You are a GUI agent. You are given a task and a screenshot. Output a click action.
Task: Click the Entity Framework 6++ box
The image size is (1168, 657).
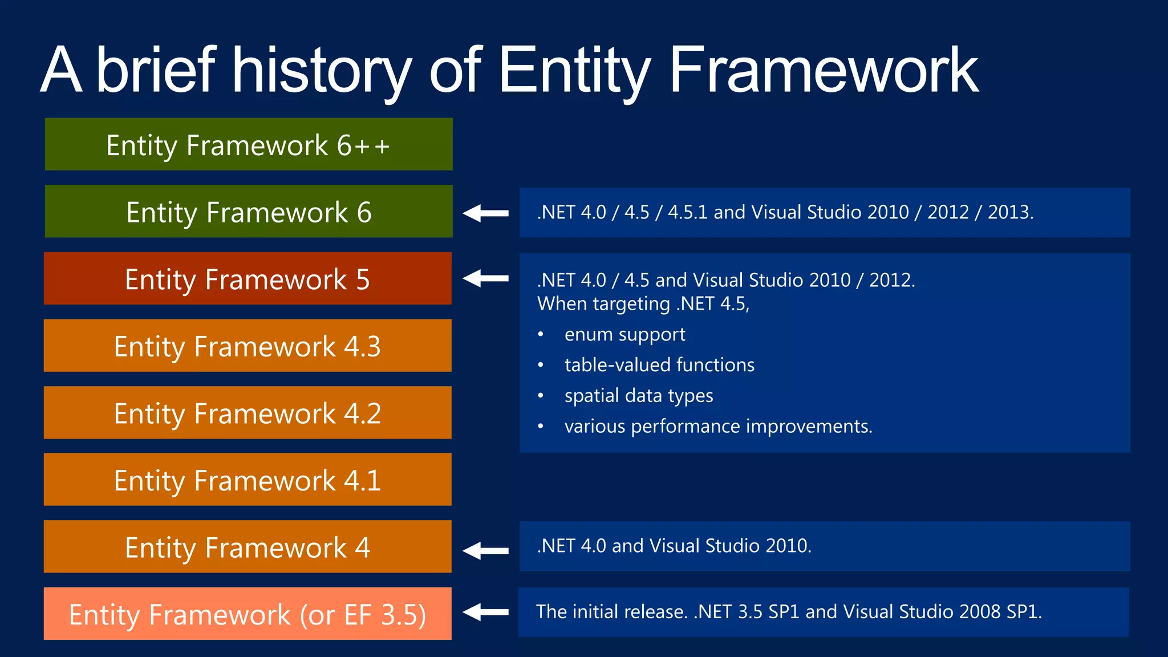248,144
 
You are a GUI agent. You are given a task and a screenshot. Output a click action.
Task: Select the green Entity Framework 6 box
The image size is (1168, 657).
248,212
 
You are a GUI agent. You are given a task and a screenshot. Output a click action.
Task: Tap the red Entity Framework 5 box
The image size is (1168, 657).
247,279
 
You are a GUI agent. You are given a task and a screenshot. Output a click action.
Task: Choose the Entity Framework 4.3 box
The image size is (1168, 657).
247,346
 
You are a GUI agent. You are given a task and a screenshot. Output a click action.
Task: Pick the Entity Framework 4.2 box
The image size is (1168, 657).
247,413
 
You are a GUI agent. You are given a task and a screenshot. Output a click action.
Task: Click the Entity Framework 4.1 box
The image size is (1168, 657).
247,480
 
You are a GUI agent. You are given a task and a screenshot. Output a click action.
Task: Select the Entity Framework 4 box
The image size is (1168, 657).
247,547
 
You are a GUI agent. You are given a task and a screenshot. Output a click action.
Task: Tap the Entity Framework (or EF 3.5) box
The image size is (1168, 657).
247,614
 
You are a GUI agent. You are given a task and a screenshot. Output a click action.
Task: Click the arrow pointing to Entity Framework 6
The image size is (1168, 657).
486,213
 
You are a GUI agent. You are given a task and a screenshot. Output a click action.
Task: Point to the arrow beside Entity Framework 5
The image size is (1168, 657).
486,278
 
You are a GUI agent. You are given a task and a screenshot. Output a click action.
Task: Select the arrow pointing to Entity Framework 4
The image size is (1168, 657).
486,550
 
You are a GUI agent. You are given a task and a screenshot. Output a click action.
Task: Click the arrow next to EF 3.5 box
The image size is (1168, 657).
486,612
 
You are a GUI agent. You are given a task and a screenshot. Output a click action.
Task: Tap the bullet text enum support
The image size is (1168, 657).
624,334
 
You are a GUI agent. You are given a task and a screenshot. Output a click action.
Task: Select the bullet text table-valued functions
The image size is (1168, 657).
659,365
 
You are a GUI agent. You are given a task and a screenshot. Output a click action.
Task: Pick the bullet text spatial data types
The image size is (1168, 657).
639,396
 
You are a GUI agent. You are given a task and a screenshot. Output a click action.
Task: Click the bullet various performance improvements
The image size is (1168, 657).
718,427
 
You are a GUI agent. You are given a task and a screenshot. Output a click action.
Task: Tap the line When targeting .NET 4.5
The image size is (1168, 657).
643,304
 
